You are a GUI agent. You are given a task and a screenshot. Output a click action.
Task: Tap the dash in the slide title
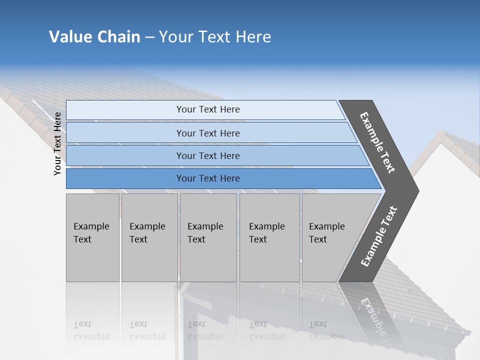[x=149, y=37]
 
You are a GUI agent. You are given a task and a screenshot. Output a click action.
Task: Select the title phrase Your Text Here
[x=215, y=37]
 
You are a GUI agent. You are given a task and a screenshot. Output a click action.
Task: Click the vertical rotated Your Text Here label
[x=57, y=143]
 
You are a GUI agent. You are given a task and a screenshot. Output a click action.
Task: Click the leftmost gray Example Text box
[x=92, y=237]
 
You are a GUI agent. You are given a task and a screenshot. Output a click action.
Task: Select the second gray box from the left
[x=149, y=237]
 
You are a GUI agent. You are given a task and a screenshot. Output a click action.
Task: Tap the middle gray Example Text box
[x=208, y=237]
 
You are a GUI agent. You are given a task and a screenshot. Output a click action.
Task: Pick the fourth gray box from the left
[x=269, y=237]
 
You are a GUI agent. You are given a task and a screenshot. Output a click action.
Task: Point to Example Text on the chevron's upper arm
[x=378, y=142]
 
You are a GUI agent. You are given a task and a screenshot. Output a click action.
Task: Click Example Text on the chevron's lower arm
[x=379, y=236]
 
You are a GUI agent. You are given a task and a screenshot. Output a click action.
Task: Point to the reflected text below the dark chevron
[x=372, y=315]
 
